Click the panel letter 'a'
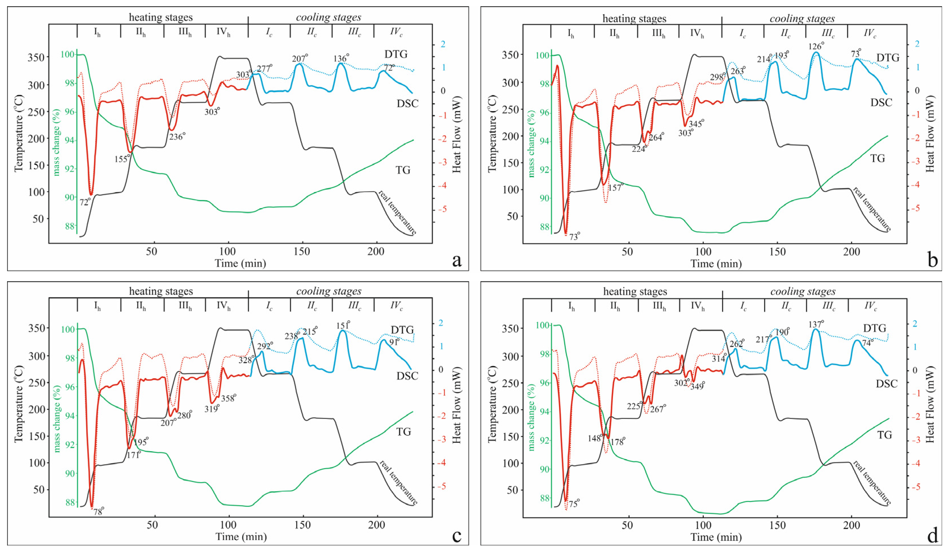[457, 260]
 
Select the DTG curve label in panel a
[396, 54]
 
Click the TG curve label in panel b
[877, 159]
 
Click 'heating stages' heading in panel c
[161, 291]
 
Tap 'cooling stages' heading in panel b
[802, 18]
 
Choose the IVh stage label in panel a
[223, 32]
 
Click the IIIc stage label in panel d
[828, 306]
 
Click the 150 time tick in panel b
[777, 252]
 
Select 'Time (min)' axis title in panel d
[716, 537]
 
